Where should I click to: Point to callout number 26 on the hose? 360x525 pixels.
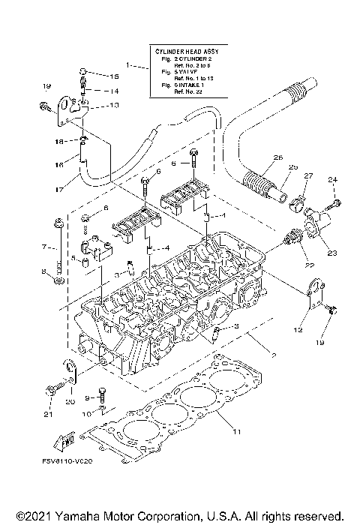pyautogui.click(x=256, y=157)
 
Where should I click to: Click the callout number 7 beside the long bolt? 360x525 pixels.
pyautogui.click(x=43, y=246)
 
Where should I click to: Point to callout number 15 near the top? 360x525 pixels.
pyautogui.click(x=115, y=76)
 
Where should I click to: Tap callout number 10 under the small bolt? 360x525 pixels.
pyautogui.click(x=86, y=413)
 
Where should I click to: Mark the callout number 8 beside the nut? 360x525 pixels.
pyautogui.click(x=43, y=271)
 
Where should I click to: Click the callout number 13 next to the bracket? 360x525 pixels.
pyautogui.click(x=115, y=106)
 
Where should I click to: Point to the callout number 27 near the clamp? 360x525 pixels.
pyautogui.click(x=307, y=175)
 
